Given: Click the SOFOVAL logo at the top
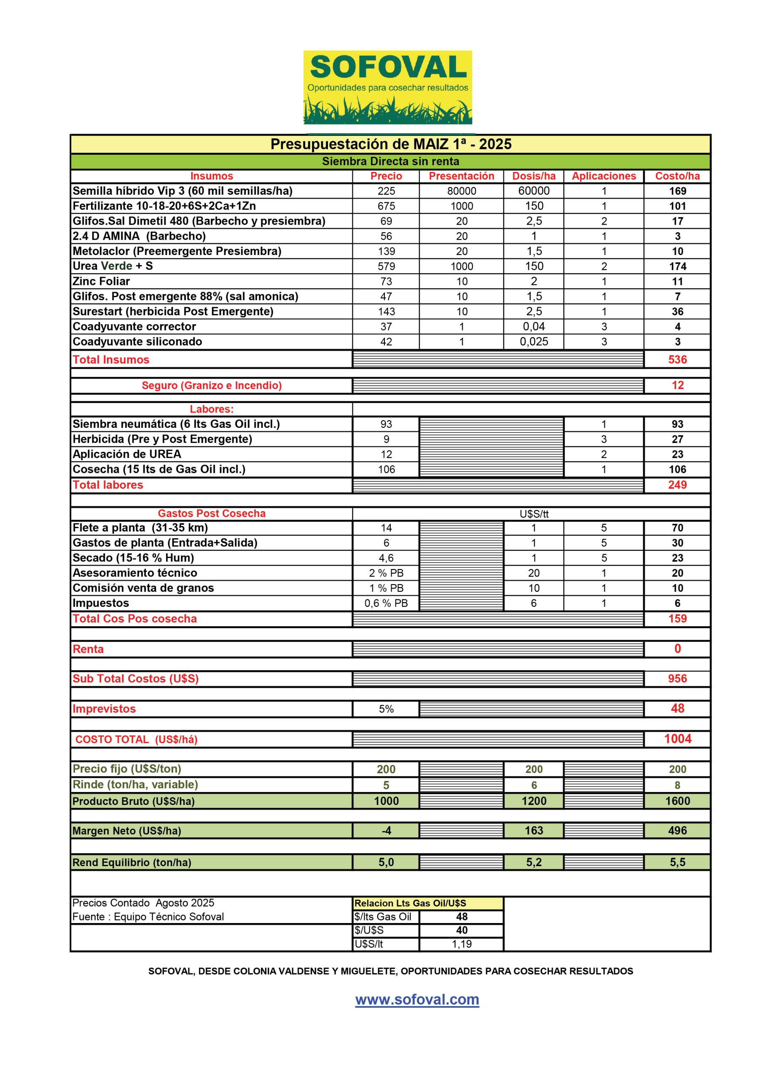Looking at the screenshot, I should (387, 87).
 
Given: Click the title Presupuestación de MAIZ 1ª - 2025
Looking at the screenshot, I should (391, 144).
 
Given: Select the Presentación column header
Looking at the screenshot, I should (461, 176).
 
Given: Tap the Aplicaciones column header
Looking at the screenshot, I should (604, 176).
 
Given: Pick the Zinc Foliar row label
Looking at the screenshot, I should (101, 282).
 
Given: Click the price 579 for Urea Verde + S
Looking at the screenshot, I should (386, 266).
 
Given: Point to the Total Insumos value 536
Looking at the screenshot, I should (677, 360).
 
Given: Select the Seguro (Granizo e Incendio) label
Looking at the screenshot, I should (212, 385).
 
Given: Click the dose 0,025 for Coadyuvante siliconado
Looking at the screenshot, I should (534, 342).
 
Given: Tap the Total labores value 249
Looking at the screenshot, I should (677, 485).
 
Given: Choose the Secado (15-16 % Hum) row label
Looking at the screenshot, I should (133, 558).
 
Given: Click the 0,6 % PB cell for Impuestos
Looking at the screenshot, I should (386, 603).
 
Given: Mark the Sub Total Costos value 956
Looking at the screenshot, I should (677, 679).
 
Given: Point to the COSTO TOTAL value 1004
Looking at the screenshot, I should (677, 739).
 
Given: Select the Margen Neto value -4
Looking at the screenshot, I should (386, 830).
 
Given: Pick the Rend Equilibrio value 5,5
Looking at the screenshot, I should (677, 862).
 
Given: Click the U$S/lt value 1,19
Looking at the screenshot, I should (461, 944).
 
